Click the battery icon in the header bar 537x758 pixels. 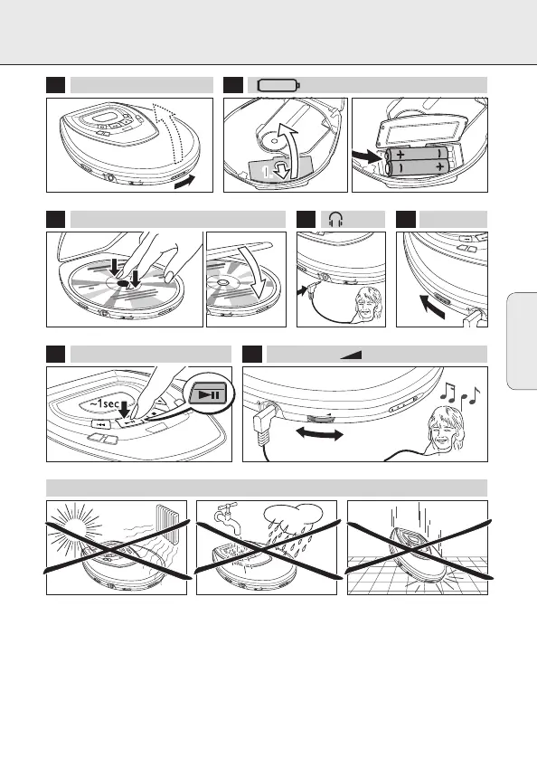point(278,86)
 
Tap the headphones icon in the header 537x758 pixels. point(335,220)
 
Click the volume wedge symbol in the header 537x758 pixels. point(351,355)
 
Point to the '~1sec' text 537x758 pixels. point(104,403)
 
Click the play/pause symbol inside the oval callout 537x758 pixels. point(209,395)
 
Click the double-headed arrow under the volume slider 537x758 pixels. point(319,433)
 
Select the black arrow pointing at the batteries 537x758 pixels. point(368,156)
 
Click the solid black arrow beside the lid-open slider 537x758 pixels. point(185,181)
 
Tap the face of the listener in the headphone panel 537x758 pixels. point(366,307)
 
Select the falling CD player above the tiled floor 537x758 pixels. point(417,554)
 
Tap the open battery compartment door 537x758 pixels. point(421,132)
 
